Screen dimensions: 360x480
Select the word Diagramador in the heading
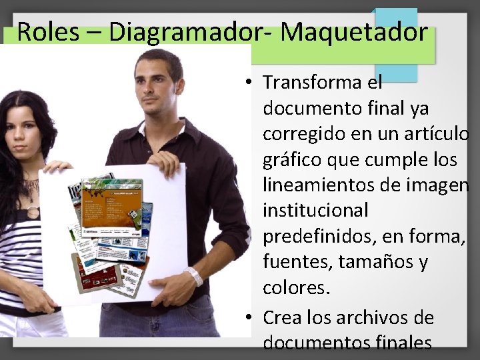tap(183, 31)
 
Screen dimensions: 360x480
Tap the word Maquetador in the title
tap(353, 31)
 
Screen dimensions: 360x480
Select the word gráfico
tap(293, 159)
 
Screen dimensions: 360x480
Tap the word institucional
tap(315, 211)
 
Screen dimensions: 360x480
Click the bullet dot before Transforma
tap(247, 83)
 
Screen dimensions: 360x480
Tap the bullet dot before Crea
tap(247, 317)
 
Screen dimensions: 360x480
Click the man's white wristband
tap(194, 275)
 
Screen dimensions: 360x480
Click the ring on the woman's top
tap(33, 212)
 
